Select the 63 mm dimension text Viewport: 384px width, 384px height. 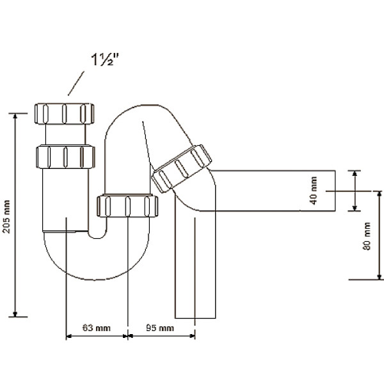point(97,328)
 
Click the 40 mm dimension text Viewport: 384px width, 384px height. point(314,191)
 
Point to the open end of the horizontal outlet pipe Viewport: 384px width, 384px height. point(335,191)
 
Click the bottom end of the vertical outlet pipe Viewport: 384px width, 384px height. point(196,316)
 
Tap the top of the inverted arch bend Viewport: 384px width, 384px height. point(144,106)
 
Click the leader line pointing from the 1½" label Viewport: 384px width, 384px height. point(76,83)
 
